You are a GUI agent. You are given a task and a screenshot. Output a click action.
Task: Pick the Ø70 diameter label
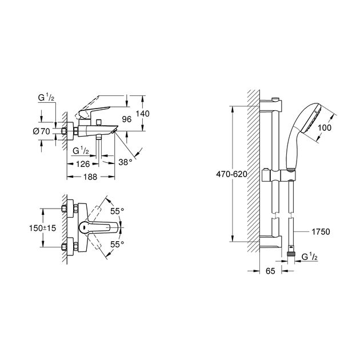(42, 131)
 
